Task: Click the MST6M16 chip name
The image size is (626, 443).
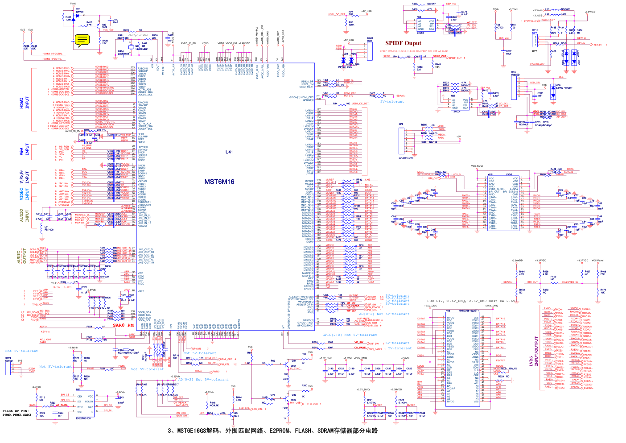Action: click(219, 182)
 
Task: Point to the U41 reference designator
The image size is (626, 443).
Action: click(229, 152)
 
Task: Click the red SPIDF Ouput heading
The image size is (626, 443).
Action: click(403, 43)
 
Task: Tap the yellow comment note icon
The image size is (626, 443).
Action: click(82, 41)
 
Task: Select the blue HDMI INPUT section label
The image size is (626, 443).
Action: click(24, 104)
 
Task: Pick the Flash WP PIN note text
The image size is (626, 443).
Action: click(17, 413)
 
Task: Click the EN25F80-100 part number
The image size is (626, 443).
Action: click(83, 418)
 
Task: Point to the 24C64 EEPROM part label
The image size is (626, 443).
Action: click(420, 33)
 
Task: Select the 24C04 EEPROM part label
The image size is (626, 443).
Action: click(457, 112)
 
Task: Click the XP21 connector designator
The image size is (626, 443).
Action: click(490, 175)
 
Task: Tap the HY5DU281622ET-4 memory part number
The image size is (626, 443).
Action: click(469, 311)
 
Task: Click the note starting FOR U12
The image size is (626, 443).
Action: click(471, 301)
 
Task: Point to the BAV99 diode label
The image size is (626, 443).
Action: click(79, 12)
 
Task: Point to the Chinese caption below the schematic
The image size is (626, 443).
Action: click(272, 431)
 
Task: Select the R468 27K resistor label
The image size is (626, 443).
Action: click(603, 273)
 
